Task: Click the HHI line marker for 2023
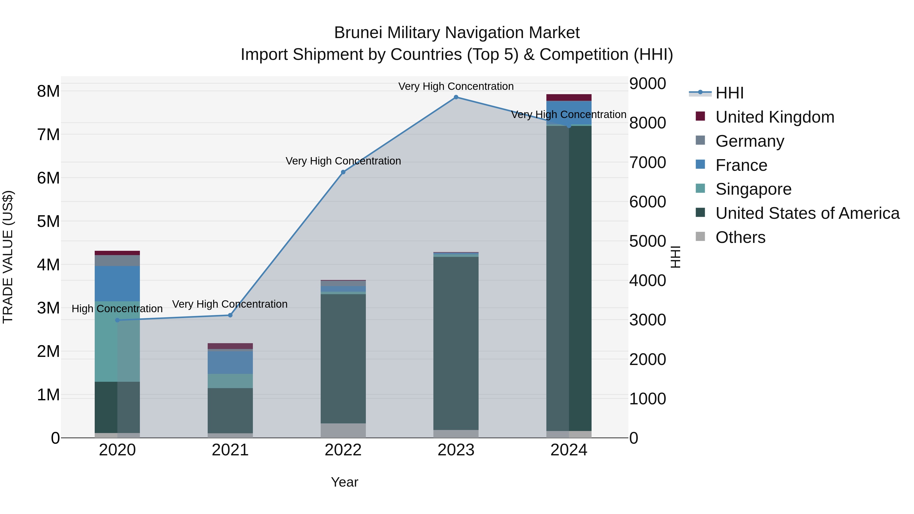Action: point(456,97)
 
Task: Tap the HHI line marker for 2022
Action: point(343,172)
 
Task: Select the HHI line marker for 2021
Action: point(230,315)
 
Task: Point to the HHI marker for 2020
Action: point(118,320)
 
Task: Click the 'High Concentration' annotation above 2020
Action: point(117,309)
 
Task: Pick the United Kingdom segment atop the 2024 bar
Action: point(569,97)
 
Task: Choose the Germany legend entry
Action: point(749,141)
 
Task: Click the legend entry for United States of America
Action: point(807,213)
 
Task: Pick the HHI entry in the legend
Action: point(729,93)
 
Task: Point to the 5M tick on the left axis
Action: point(48,221)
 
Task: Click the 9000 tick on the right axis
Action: point(647,84)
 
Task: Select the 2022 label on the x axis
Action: point(343,450)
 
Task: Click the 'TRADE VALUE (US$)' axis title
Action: point(8,257)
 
